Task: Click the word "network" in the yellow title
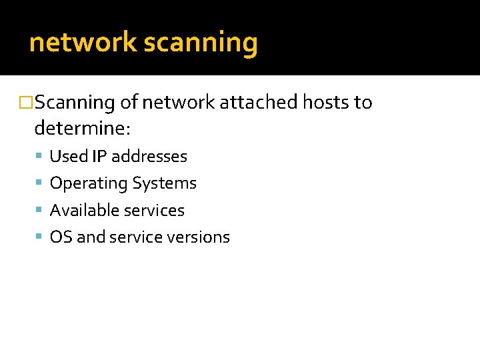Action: [x=83, y=43]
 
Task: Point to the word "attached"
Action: [x=260, y=103]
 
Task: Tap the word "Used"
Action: [x=69, y=156]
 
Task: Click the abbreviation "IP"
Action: [x=100, y=156]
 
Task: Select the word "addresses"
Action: [x=149, y=156]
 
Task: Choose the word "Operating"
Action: [x=89, y=183]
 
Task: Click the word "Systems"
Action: [x=165, y=183]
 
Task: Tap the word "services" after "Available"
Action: [x=154, y=210]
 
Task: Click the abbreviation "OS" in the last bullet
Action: [x=61, y=237]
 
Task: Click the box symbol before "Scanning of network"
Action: [x=27, y=103]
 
